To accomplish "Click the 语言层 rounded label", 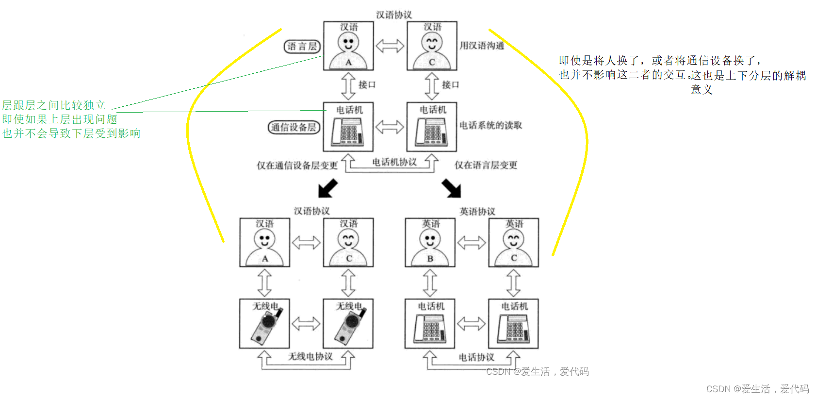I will (x=302, y=47).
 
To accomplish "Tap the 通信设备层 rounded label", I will (x=294, y=127).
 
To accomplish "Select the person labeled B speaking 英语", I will (x=430, y=242).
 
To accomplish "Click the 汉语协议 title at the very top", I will (x=394, y=15).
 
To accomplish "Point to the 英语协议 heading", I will (x=477, y=212).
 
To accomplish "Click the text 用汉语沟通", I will (x=482, y=46).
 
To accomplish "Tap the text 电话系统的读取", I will (x=490, y=125).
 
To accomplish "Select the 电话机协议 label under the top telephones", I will (x=394, y=162).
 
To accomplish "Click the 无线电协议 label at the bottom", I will (x=310, y=356).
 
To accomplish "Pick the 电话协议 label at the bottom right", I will (x=476, y=357).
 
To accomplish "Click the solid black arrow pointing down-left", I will (x=327, y=188).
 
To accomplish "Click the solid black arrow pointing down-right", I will (x=452, y=188).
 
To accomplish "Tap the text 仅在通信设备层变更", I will (x=297, y=166).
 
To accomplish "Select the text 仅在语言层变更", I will (x=486, y=165).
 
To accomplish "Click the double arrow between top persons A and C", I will (x=390, y=46).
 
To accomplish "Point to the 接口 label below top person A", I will (x=367, y=85).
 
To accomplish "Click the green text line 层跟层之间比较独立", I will (x=54, y=105).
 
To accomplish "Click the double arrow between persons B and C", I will (x=472, y=242).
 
